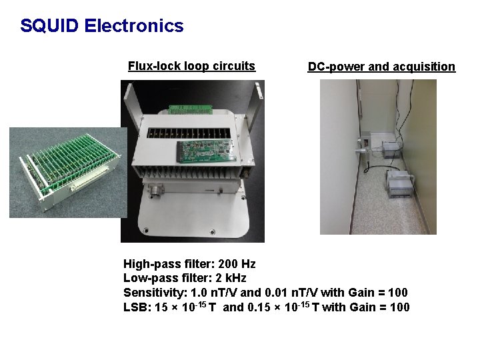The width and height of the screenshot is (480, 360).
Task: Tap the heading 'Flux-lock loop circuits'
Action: click(x=191, y=66)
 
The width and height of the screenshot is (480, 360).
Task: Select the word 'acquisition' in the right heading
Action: click(x=423, y=67)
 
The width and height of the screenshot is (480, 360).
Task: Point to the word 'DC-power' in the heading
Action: click(x=335, y=67)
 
